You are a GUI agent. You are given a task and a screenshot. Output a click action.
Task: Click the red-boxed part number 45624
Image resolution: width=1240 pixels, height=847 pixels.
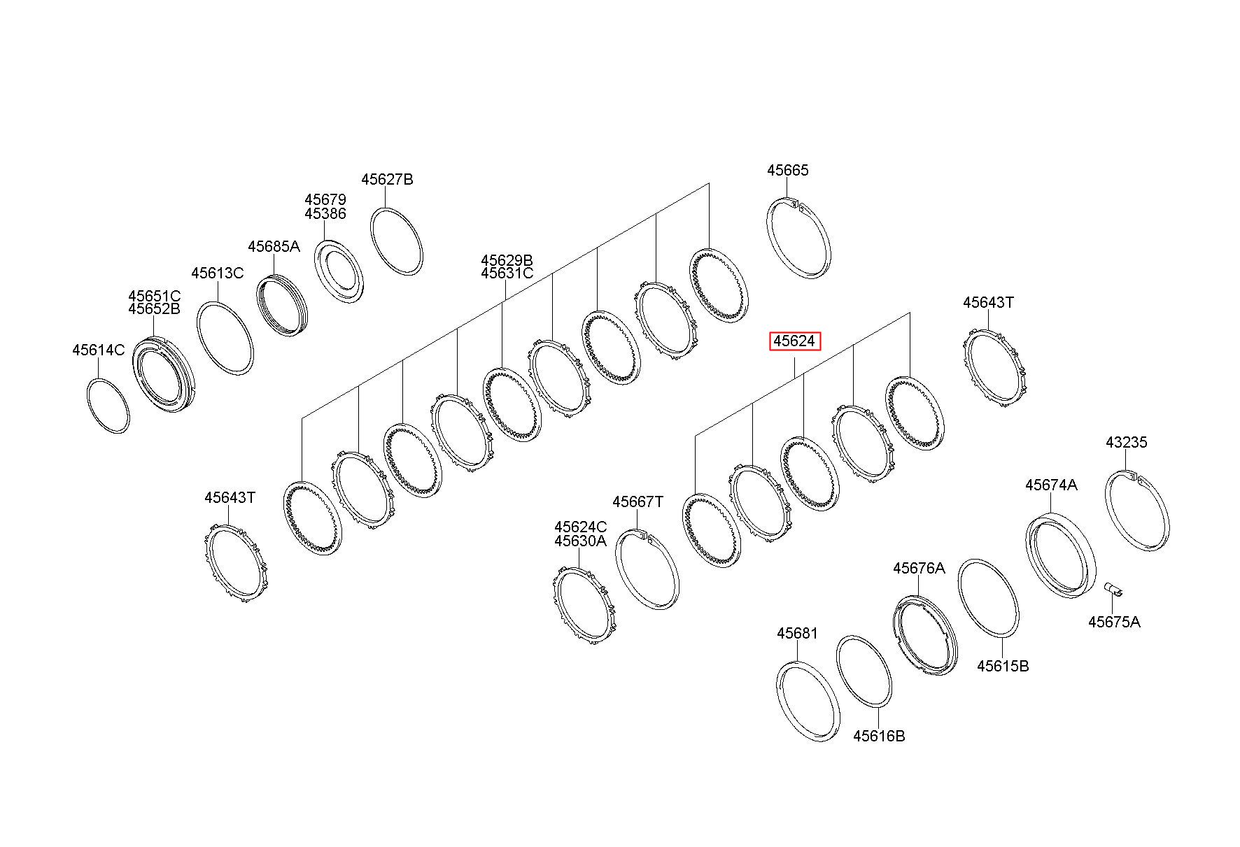pos(795,341)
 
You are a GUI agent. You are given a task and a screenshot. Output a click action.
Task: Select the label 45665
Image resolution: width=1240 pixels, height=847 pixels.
pos(787,171)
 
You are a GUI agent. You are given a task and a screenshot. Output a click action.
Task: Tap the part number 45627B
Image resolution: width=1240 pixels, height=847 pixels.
pos(387,180)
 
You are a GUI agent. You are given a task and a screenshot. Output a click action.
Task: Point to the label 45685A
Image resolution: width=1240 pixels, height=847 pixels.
pos(274,246)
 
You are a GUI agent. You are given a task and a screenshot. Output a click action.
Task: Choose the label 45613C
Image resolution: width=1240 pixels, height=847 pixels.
pos(218,273)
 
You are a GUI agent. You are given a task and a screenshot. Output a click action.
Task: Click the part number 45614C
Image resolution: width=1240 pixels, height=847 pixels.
pos(98,350)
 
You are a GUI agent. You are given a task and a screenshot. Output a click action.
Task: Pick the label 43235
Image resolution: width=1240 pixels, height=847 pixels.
pos(1126,443)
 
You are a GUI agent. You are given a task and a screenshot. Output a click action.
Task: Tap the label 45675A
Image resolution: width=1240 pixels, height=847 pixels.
pos(1114,622)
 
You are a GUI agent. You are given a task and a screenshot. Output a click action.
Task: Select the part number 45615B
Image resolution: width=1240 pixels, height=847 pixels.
pos(1003,666)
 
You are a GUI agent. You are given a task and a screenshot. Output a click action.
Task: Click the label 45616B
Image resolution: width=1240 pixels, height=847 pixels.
pos(879,736)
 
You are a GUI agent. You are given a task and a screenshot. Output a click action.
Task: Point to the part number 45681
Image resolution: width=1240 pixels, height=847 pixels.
pos(797,634)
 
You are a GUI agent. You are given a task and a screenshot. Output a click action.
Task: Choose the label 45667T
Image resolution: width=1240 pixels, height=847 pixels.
pos(637,502)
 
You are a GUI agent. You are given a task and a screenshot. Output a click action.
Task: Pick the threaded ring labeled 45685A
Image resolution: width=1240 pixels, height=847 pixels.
pos(283,306)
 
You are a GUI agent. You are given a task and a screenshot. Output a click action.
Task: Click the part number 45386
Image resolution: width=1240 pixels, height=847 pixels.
pos(325,214)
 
